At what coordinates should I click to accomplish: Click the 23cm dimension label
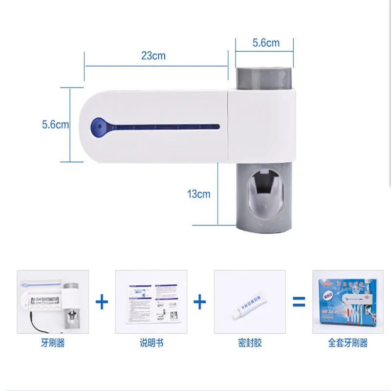point(153,56)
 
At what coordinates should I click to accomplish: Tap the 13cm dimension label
point(198,194)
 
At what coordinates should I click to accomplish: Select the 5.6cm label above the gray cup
point(266,43)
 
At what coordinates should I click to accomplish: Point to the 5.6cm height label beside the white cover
point(55,125)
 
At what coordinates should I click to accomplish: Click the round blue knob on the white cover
point(98,127)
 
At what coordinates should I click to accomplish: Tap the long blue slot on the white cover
point(161,128)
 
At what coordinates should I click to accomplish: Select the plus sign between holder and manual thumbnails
point(102,302)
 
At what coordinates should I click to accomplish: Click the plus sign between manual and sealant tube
point(200,302)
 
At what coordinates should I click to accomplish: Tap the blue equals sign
point(299,302)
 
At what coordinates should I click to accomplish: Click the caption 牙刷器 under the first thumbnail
point(53,343)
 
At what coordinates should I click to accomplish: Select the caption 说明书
point(151,343)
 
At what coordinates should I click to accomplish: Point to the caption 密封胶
point(250,343)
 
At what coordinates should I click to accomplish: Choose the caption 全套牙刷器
point(348,343)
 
